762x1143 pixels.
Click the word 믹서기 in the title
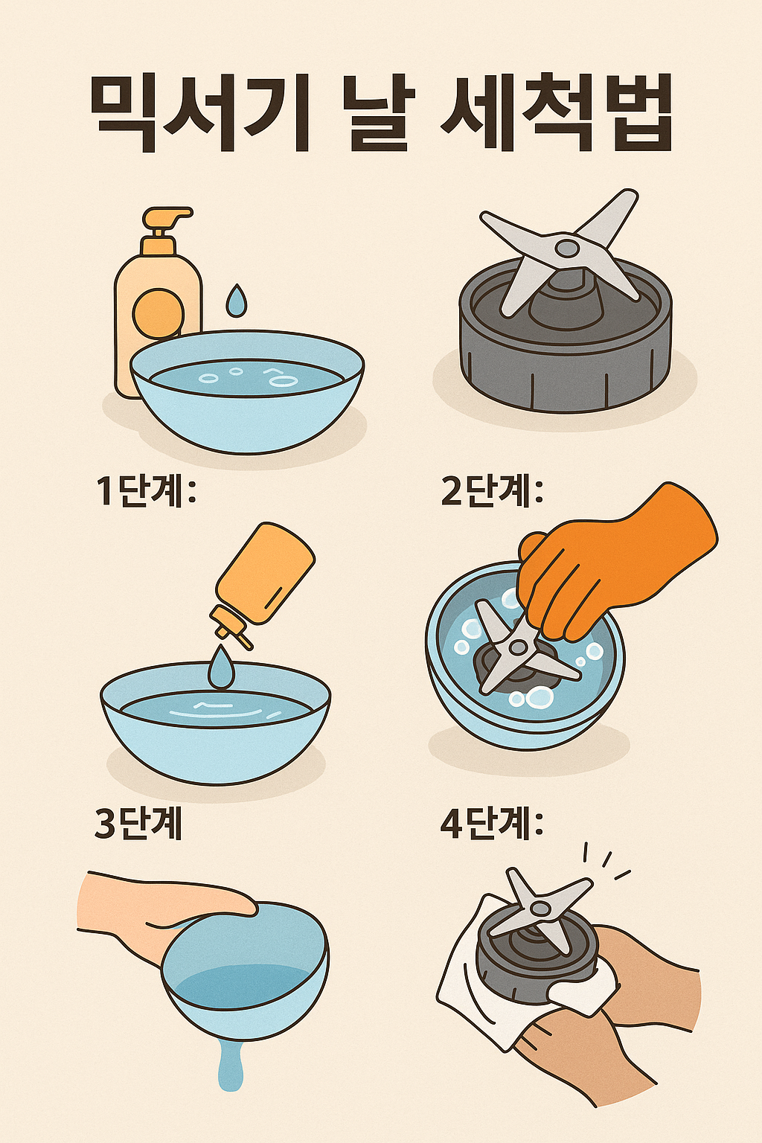[199, 114]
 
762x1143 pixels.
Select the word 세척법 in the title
[557, 114]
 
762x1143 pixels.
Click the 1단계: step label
[146, 491]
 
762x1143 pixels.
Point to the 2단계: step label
[492, 491]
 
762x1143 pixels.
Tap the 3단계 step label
[138, 824]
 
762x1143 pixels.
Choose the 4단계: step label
[492, 824]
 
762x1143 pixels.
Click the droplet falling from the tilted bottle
[220, 667]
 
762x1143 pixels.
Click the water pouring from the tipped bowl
[231, 1064]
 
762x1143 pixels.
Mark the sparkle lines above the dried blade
[606, 861]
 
